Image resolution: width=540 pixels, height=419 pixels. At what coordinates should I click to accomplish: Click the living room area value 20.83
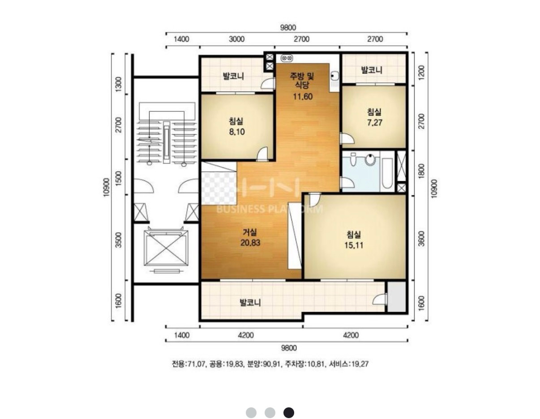click(250, 243)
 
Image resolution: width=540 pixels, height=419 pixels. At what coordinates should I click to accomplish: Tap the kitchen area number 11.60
click(302, 96)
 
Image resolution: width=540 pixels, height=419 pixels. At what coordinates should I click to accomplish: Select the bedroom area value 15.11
click(354, 245)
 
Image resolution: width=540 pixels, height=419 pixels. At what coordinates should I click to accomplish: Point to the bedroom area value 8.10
click(237, 132)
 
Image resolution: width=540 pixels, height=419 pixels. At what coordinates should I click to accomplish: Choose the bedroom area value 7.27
click(374, 123)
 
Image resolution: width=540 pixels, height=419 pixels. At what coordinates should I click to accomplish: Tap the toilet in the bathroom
click(370, 159)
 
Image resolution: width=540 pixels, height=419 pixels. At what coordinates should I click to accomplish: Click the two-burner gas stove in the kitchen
click(287, 58)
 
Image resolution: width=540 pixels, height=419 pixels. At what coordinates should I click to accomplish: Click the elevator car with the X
click(166, 250)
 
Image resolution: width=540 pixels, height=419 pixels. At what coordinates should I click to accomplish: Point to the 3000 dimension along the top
click(236, 39)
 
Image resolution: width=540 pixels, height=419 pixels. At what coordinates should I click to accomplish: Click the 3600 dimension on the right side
click(421, 239)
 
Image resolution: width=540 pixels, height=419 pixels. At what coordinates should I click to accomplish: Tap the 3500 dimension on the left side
click(119, 240)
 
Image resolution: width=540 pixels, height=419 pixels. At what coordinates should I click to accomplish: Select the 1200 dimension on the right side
click(421, 73)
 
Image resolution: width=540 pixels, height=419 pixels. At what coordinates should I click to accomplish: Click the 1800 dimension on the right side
click(421, 171)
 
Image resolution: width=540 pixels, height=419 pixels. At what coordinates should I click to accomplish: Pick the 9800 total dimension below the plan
click(289, 348)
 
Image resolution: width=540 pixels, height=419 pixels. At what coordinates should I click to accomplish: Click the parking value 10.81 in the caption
click(317, 364)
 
